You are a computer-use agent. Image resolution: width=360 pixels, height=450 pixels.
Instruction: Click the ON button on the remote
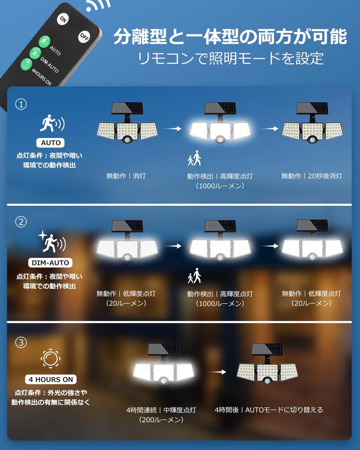click(63, 19)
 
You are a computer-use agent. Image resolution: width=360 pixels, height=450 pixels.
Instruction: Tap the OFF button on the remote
click(84, 36)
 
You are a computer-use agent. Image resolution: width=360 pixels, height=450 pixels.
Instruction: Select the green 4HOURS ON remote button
click(26, 64)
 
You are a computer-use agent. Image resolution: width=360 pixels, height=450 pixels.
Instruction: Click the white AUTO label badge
click(51, 143)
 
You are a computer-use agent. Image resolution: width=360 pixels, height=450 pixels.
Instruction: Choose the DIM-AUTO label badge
click(50, 263)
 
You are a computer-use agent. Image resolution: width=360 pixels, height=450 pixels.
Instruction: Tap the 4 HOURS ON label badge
click(51, 379)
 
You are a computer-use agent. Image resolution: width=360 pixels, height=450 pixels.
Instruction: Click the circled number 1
click(21, 104)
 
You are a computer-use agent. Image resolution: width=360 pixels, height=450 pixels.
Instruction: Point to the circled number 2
click(21, 222)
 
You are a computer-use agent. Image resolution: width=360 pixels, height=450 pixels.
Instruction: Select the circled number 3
click(21, 342)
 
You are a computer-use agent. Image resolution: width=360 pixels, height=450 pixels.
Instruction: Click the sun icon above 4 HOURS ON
click(51, 359)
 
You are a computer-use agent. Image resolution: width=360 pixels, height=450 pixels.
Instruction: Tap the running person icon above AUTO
click(52, 123)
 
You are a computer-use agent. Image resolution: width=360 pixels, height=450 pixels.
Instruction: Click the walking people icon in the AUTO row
click(194, 158)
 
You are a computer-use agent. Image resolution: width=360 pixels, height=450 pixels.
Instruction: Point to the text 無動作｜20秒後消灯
click(312, 176)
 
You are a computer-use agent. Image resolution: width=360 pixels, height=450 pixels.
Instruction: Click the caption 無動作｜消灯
click(126, 176)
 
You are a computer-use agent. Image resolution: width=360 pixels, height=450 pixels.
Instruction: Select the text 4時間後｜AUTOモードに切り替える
click(269, 410)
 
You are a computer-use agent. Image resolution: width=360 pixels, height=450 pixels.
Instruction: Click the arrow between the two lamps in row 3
click(217, 372)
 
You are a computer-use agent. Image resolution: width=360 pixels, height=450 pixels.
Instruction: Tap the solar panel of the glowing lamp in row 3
click(164, 349)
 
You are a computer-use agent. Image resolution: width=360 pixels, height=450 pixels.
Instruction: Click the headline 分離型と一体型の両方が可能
click(230, 37)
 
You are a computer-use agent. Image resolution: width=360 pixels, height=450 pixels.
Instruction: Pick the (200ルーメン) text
click(161, 420)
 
